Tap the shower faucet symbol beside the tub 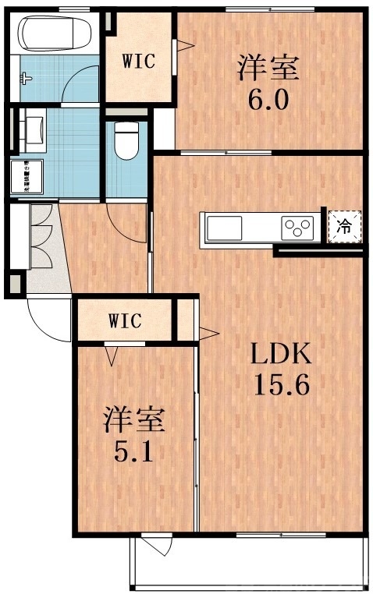tap(27, 79)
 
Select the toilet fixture tap(124, 141)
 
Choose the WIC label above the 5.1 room tap(125, 320)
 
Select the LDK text tap(280, 355)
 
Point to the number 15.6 tap(280, 386)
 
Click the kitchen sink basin tap(226, 228)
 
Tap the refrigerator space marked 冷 tap(343, 228)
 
